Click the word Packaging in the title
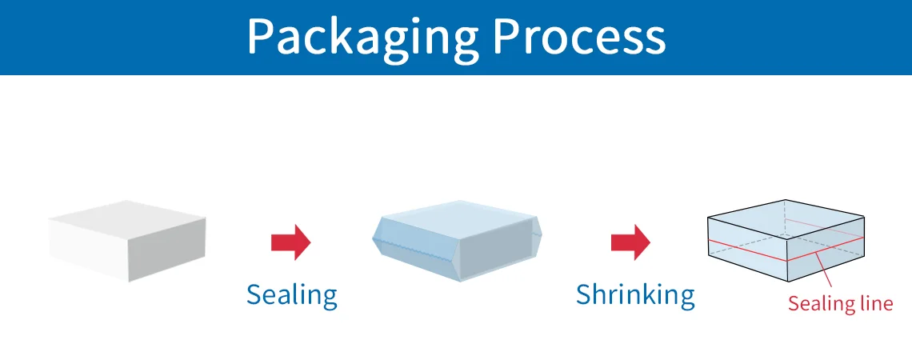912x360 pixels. click(x=362, y=36)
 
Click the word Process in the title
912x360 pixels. click(x=578, y=36)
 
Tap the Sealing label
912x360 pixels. click(x=291, y=296)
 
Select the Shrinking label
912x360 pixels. click(x=635, y=296)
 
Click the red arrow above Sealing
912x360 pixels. click(x=290, y=242)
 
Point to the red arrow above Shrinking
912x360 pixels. click(x=630, y=242)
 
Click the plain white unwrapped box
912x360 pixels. click(x=126, y=239)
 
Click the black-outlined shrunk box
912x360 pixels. click(x=786, y=240)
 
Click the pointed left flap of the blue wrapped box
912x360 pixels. click(x=380, y=238)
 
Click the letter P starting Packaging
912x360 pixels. click(x=261, y=36)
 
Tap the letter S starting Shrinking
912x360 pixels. click(x=584, y=296)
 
